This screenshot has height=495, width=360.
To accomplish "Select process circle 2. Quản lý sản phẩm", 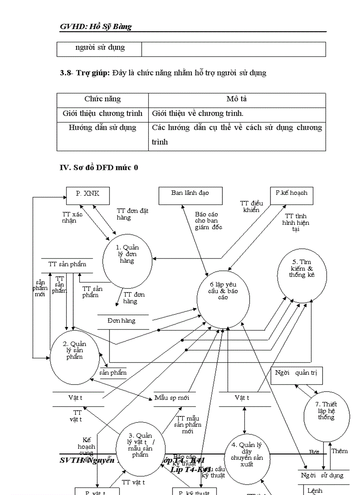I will click(75, 356).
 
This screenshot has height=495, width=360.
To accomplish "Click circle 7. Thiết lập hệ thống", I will click(327, 415).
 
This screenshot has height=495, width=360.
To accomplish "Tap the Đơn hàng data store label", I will click(121, 320).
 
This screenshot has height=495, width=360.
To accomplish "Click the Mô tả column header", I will click(236, 99).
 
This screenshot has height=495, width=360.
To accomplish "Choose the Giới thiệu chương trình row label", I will click(102, 113).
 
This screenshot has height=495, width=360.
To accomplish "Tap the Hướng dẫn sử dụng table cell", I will click(102, 127).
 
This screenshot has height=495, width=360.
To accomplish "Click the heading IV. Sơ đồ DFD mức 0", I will click(99, 167).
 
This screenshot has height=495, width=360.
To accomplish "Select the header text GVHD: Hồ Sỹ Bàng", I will click(96, 26).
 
